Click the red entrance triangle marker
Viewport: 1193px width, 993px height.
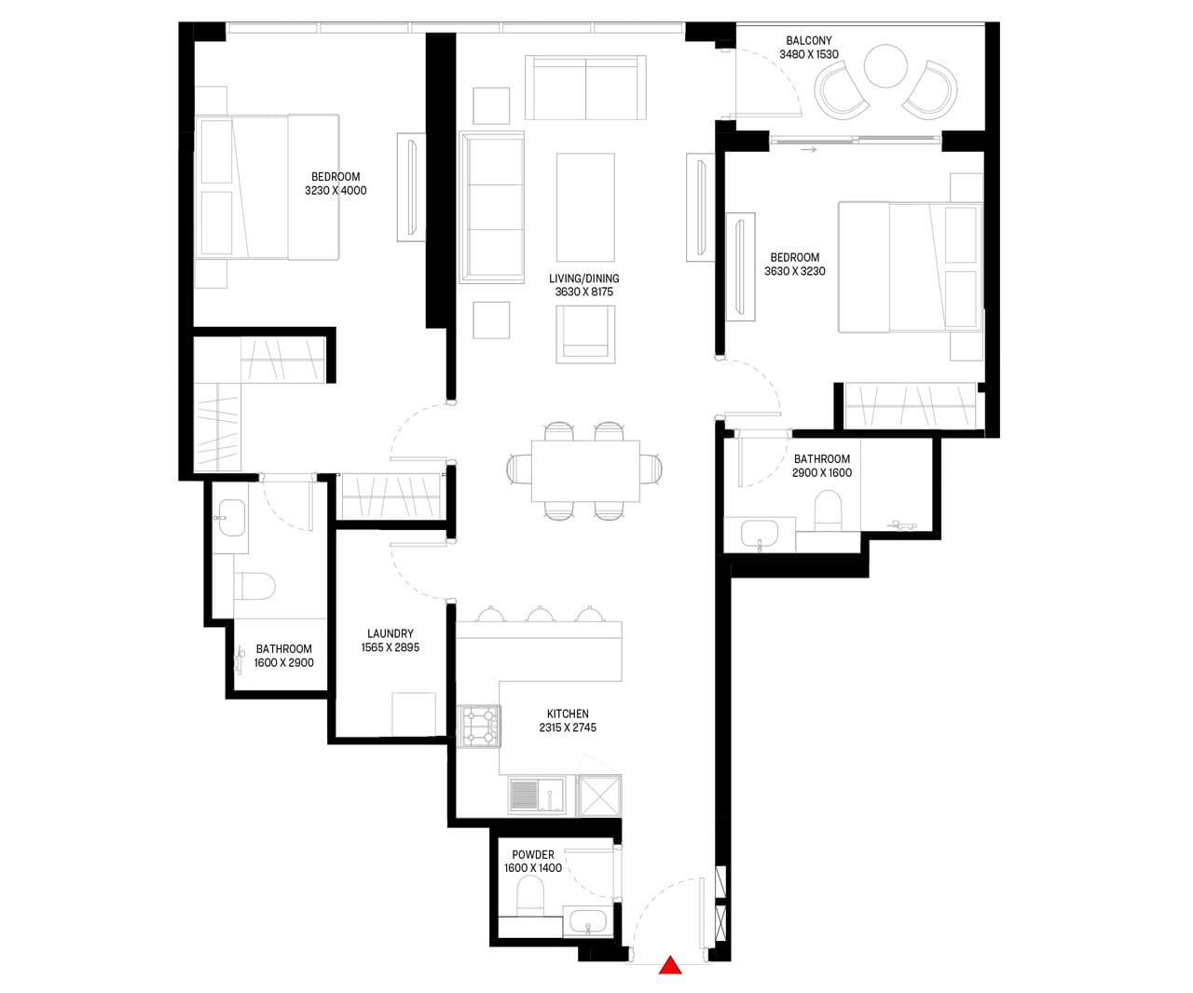(x=669, y=965)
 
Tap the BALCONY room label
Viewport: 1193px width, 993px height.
(x=808, y=41)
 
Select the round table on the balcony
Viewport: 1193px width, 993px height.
(x=885, y=66)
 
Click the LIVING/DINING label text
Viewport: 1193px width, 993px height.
(x=584, y=279)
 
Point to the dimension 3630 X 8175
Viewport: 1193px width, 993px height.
(x=584, y=292)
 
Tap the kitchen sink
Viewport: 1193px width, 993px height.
(x=537, y=795)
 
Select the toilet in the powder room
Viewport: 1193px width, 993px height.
(x=529, y=895)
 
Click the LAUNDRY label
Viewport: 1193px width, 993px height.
(x=391, y=633)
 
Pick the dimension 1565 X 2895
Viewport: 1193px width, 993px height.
(x=391, y=647)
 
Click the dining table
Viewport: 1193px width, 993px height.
(x=585, y=470)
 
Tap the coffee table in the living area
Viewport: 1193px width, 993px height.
(x=585, y=207)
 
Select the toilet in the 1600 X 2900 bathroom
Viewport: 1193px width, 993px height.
(x=254, y=587)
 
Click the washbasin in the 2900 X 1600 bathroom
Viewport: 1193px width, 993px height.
(x=760, y=535)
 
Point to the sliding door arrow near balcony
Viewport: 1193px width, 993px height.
(x=808, y=150)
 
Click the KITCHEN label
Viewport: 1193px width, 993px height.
(x=568, y=714)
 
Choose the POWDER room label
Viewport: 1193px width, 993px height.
(x=532, y=855)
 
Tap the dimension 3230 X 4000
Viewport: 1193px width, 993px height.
(x=336, y=191)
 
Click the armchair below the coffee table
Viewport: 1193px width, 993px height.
(x=585, y=334)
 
